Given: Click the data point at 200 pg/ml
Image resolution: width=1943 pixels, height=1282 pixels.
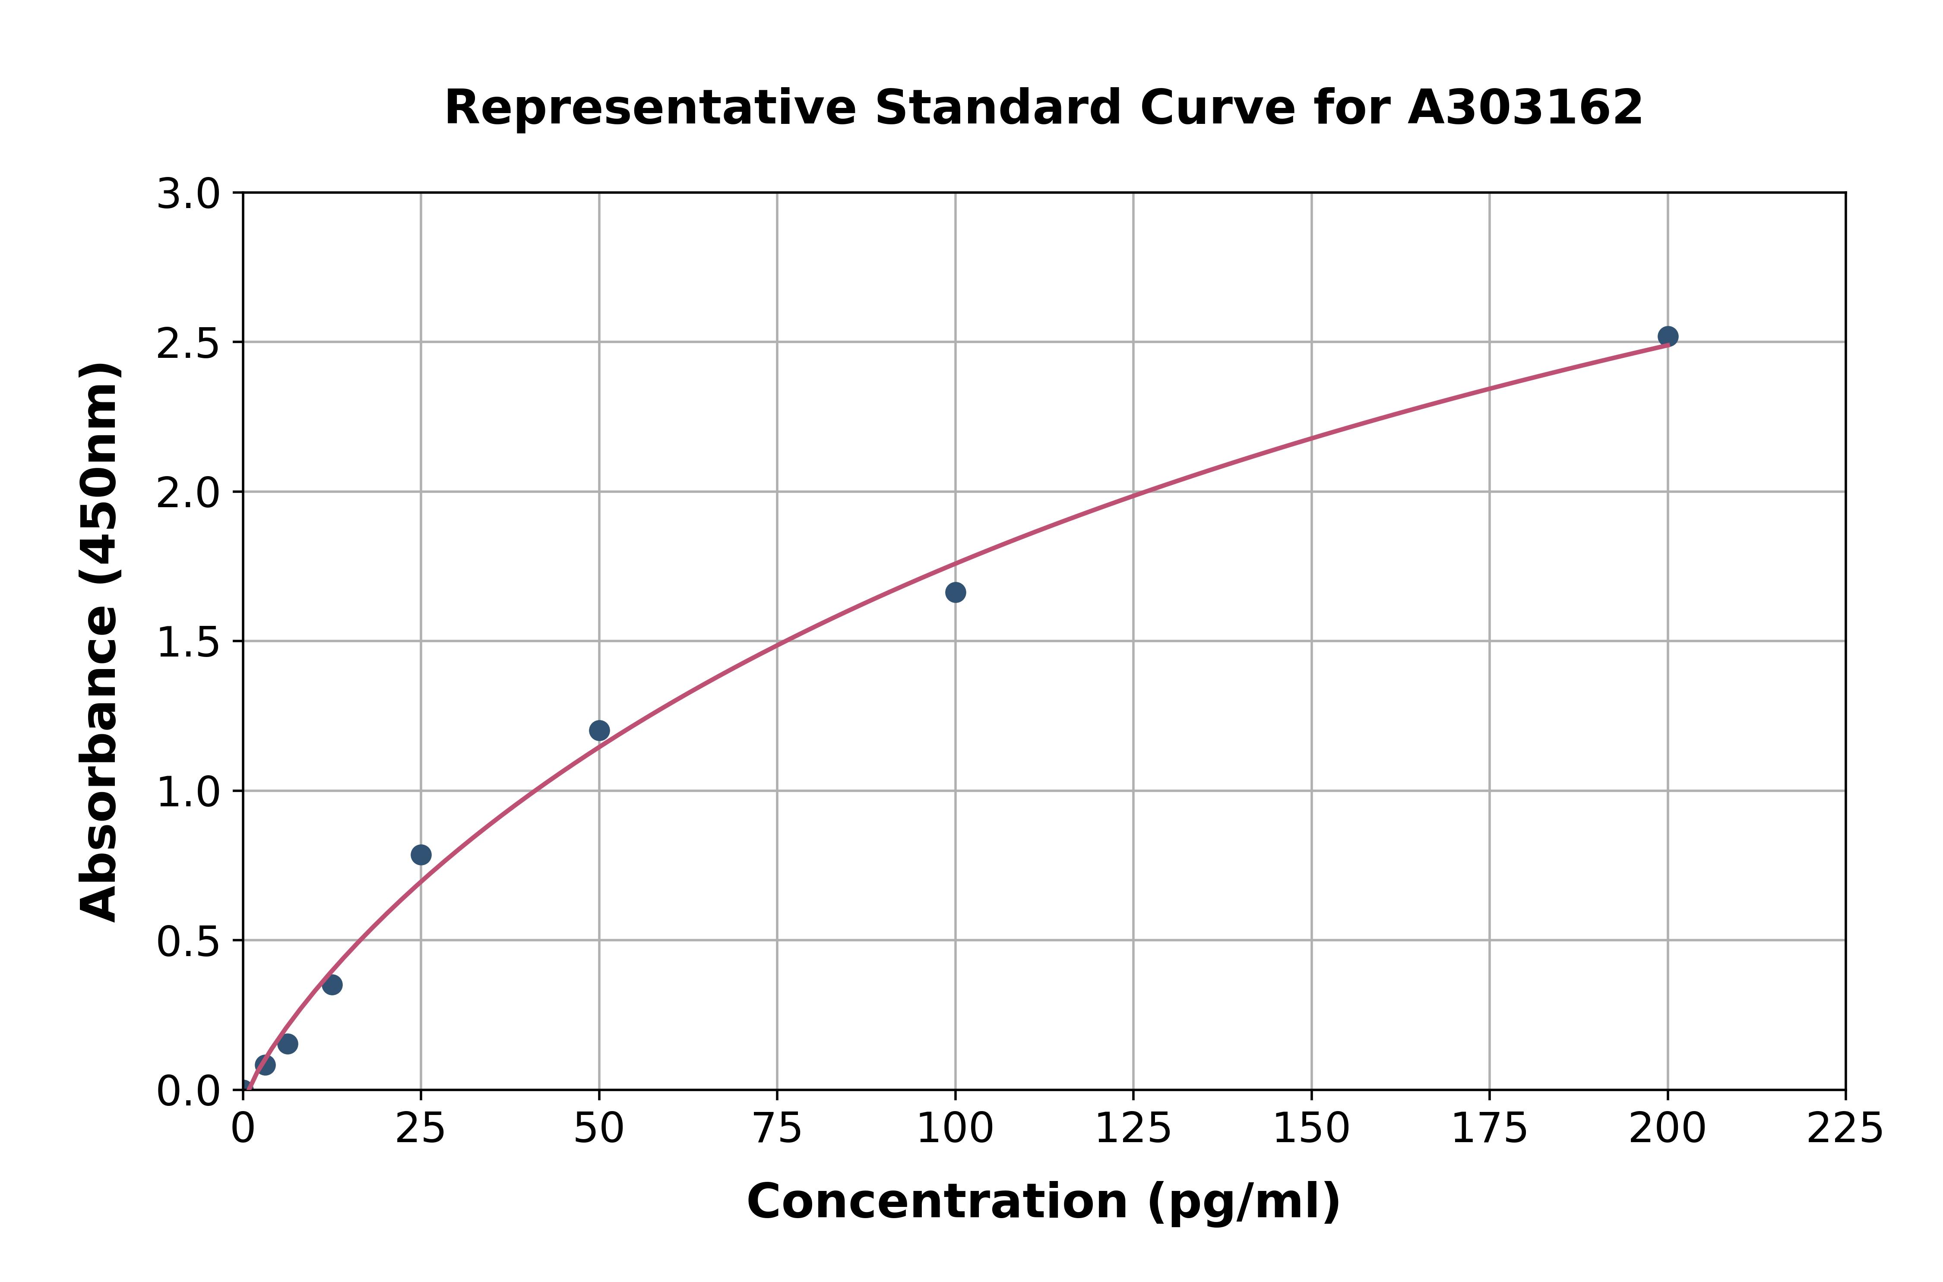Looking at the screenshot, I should coord(1668,336).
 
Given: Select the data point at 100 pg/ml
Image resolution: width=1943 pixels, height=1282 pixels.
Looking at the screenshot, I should coord(955,592).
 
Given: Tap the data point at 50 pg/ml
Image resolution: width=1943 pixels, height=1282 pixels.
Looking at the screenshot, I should coord(599,730).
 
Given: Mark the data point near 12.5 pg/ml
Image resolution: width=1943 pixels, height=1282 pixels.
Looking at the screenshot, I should coord(332,985).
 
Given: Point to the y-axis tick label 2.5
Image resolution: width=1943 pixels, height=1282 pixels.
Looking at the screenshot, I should coord(188,344).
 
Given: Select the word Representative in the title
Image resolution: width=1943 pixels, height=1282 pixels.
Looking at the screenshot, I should coord(650,108).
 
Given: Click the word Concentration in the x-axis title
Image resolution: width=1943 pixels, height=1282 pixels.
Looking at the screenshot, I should coord(937,1202).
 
